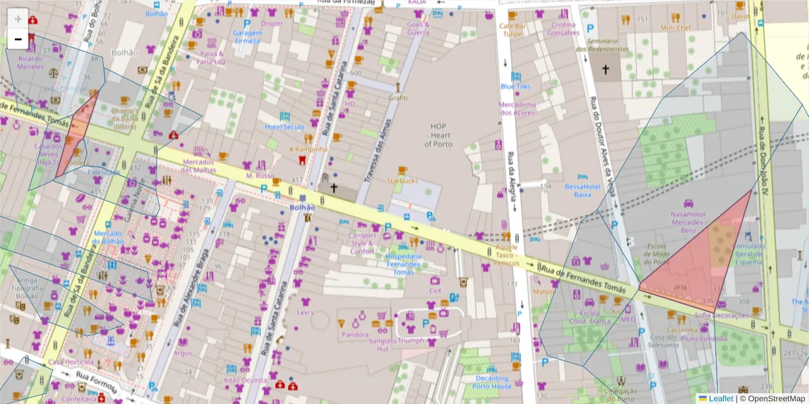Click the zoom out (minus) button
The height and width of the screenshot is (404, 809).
[x=18, y=39]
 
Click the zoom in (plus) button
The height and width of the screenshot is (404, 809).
[x=18, y=19]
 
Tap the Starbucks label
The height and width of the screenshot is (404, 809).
[x=402, y=180]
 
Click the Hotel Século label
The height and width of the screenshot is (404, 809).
[x=284, y=127]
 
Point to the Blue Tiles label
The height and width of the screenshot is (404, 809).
[x=516, y=86]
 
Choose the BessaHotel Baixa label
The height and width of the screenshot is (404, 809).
[x=582, y=191]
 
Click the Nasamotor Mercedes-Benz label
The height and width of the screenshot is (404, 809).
[x=688, y=222]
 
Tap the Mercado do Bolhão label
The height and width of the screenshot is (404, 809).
[x=108, y=237]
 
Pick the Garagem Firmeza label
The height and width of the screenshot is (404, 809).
[x=246, y=36]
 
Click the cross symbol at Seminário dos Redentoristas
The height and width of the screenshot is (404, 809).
[x=605, y=69]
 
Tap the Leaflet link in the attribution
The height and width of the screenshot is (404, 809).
[x=720, y=399]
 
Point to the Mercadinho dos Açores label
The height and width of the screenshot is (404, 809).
[x=518, y=108]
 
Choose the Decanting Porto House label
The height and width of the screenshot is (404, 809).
[x=491, y=382]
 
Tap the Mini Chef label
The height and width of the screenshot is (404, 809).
[x=676, y=28]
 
